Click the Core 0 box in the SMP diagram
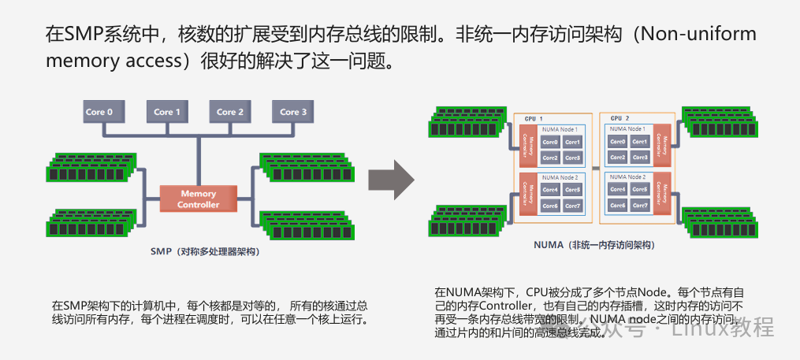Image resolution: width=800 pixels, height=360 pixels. [99, 112]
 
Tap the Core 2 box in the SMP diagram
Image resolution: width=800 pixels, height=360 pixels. [229, 112]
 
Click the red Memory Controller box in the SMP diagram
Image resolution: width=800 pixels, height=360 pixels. [198, 199]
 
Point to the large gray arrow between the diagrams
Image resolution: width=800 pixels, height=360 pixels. [393, 181]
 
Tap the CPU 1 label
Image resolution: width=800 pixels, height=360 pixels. [534, 117]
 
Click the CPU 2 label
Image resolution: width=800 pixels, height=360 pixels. [620, 117]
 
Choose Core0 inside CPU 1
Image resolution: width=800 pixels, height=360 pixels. [550, 143]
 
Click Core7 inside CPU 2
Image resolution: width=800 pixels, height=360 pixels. [641, 206]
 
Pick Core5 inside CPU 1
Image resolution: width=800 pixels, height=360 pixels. [572, 190]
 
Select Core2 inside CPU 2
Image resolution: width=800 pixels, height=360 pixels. [618, 158]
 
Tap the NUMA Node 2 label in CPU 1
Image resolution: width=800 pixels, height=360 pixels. [560, 177]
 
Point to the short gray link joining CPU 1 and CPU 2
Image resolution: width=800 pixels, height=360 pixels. [596, 169]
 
